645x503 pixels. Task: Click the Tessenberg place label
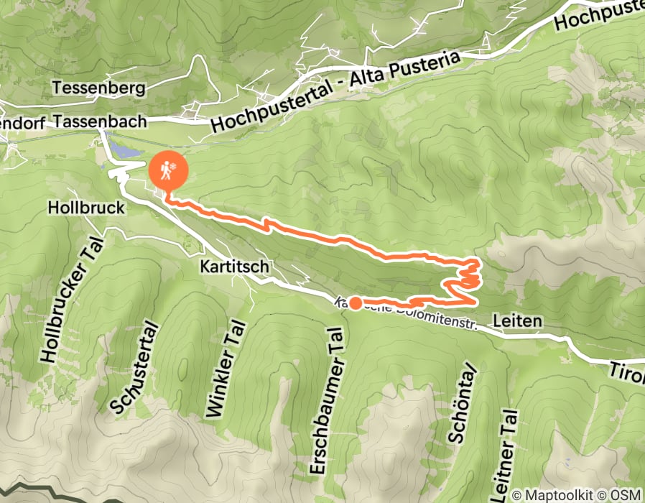[x=99, y=88]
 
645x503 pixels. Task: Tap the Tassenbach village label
[x=110, y=121]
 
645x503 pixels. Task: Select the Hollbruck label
[x=86, y=208]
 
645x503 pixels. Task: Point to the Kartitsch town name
[x=235, y=267]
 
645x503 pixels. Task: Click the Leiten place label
[x=517, y=321]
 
